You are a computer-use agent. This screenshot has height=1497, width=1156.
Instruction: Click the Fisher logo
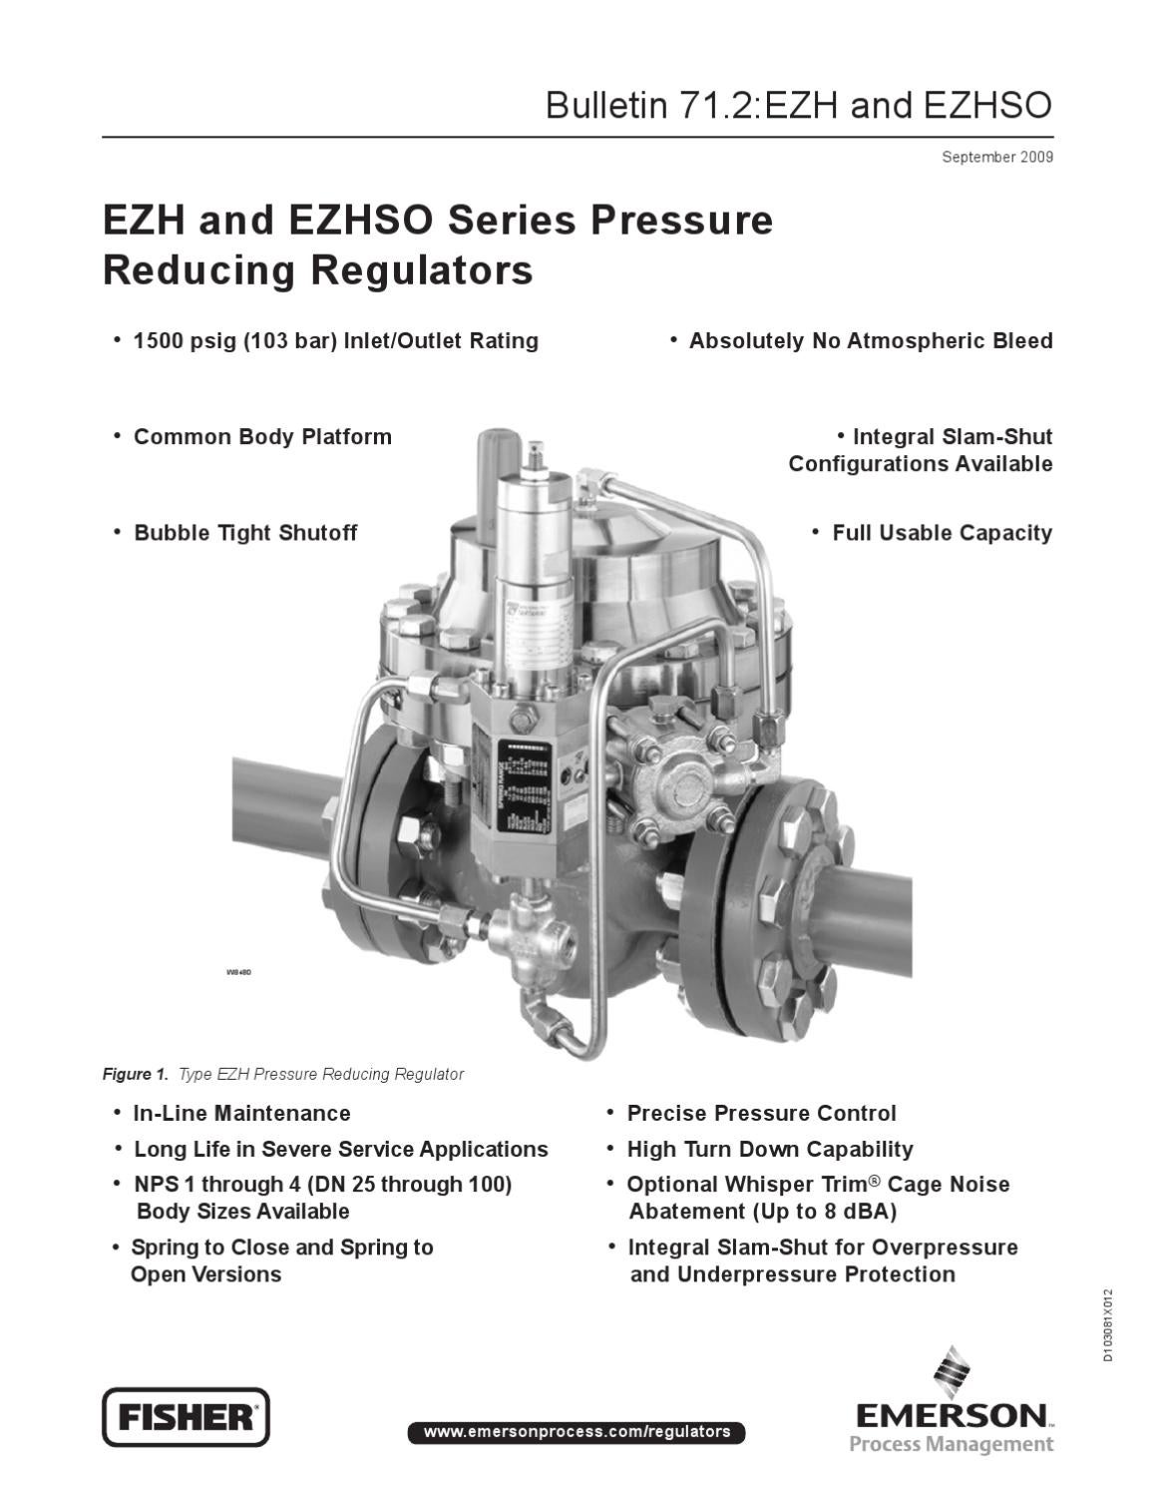click(186, 1416)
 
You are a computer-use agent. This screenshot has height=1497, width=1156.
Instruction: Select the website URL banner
click(577, 1432)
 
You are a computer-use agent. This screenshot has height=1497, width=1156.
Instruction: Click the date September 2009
click(996, 157)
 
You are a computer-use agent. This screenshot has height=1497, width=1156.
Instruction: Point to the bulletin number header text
click(798, 105)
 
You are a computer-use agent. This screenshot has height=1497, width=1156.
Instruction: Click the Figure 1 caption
click(283, 1074)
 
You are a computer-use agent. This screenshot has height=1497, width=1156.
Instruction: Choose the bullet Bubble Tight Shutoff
click(244, 533)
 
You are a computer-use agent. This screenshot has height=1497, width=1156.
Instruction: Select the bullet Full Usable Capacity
click(942, 533)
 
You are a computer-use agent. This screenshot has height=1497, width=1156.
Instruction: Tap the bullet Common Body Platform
click(262, 437)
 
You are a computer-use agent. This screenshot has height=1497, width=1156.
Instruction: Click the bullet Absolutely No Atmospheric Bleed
click(870, 341)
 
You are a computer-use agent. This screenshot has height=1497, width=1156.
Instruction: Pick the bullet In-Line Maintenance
click(241, 1113)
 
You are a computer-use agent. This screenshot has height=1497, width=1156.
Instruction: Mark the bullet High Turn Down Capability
click(769, 1149)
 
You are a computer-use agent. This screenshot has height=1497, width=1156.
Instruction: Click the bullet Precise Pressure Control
click(761, 1113)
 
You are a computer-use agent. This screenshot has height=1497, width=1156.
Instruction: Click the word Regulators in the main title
click(421, 270)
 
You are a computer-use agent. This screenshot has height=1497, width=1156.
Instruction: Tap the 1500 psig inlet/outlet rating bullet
click(335, 341)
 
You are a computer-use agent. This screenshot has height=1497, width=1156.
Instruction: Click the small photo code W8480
click(238, 972)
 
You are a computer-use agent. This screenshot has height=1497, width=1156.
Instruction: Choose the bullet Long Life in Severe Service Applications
click(340, 1149)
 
